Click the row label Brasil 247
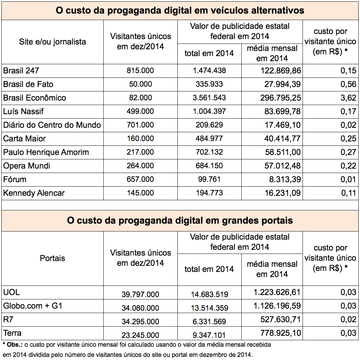tap(21, 71)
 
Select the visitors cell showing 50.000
tap(140, 84)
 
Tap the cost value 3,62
tap(348, 98)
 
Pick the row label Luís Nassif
tap(23, 111)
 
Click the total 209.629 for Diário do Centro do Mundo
tap(209, 125)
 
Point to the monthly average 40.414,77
tap(282, 138)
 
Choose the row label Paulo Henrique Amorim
tap(46, 152)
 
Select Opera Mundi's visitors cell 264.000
tap(140, 166)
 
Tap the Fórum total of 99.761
tap(209, 179)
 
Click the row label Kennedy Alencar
tap(34, 193)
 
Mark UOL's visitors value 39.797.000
tap(140, 294)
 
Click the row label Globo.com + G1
tap(33, 306)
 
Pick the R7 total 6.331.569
tap(209, 322)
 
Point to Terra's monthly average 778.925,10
tap(280, 333)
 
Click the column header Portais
tap(52, 258)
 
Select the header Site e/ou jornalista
tap(52, 42)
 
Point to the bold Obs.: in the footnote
tap(15, 345)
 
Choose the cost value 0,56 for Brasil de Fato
tap(348, 84)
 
